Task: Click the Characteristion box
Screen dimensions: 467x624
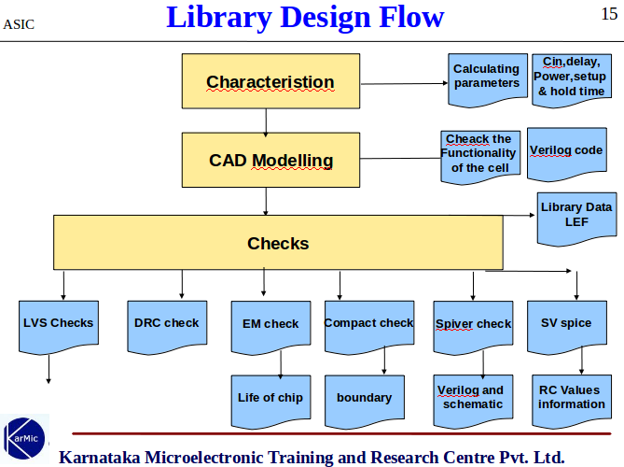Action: tap(270, 82)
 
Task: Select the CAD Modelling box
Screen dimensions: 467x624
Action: tap(270, 160)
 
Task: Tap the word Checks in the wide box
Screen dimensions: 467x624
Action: tap(278, 244)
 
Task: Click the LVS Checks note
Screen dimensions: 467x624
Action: tap(58, 325)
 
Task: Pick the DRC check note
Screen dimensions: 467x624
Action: tap(166, 325)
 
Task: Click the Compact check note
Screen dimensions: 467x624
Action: tap(368, 325)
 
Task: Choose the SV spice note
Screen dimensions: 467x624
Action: tap(566, 325)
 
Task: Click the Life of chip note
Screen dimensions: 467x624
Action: tap(270, 399)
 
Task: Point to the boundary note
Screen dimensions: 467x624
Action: tap(364, 399)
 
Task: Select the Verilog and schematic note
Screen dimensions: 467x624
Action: tap(473, 399)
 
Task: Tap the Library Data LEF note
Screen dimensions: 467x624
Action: tap(575, 216)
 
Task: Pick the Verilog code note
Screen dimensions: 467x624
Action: tap(566, 152)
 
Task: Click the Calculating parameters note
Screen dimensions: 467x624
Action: tap(486, 77)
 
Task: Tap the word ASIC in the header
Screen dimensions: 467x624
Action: tap(19, 23)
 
